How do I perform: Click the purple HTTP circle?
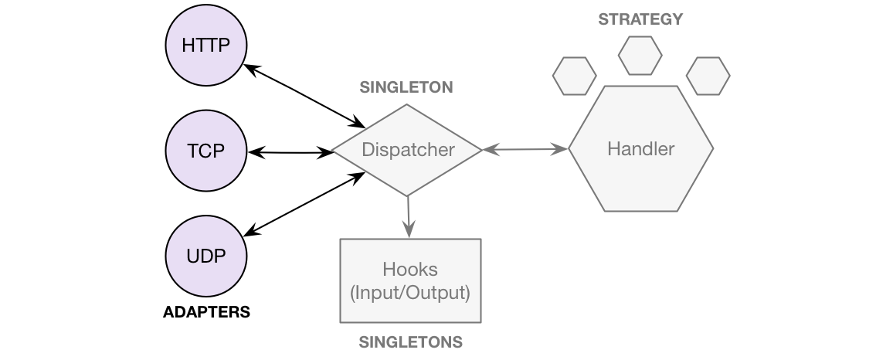206,46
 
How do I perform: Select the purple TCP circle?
206,151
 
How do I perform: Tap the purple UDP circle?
206,256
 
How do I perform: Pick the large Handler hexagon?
641,149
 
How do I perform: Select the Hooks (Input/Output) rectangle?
410,280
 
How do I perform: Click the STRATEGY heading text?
640,19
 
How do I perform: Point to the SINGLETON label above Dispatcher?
406,87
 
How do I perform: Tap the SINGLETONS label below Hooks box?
411,342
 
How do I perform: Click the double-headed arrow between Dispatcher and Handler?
525,150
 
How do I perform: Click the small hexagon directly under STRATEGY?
640,55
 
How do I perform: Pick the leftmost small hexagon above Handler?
575,76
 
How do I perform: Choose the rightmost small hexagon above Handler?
708,76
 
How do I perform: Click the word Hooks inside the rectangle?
410,270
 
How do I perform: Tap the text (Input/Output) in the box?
410,293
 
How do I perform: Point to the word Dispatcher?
408,150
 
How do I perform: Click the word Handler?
641,149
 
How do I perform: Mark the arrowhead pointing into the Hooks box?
409,230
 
